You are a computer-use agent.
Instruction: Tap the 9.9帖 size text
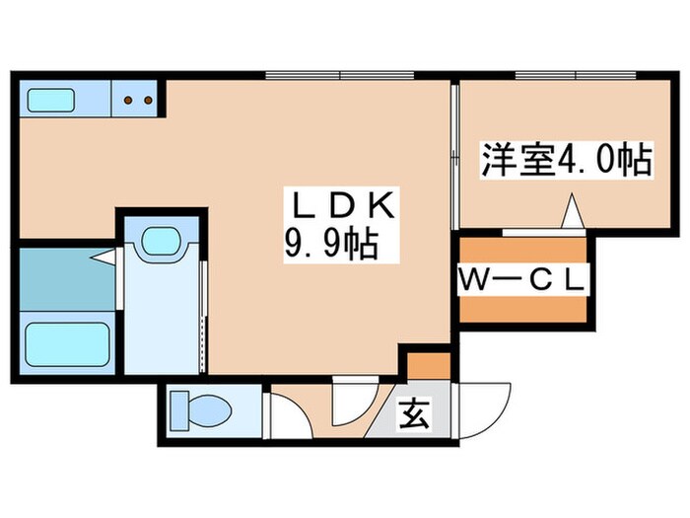[x=332, y=242]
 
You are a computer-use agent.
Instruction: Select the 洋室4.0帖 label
[x=566, y=160]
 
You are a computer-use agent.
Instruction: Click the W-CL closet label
[x=521, y=279]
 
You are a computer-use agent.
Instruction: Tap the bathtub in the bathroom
[x=66, y=341]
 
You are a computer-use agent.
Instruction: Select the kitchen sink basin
[x=51, y=100]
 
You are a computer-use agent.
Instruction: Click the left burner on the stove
[x=129, y=99]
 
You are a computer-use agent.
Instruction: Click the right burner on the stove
[x=148, y=99]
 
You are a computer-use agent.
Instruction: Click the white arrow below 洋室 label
[x=572, y=211]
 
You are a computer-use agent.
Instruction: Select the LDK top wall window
[x=339, y=75]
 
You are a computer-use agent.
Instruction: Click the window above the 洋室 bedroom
[x=576, y=75]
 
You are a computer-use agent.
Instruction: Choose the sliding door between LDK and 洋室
[x=454, y=158]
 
